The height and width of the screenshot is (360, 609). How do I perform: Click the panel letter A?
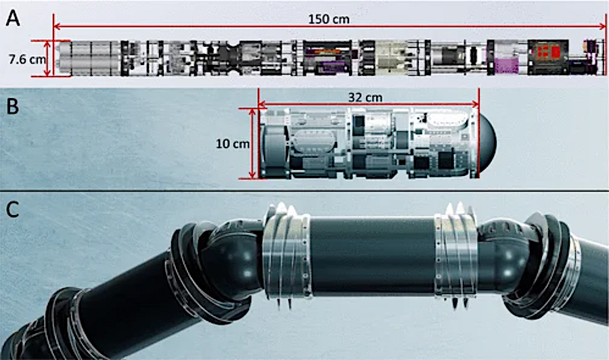(x=12, y=18)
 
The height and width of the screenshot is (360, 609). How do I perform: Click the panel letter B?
(x=12, y=106)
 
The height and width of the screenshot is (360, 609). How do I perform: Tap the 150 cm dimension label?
(x=329, y=19)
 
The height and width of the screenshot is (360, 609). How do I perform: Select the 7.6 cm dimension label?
(x=27, y=59)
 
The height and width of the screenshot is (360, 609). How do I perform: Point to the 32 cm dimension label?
(x=365, y=97)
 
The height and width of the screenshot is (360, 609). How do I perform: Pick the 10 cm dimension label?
(x=233, y=143)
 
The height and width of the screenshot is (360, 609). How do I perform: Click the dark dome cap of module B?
(x=488, y=143)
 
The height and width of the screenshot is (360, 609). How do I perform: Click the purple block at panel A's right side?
(x=507, y=66)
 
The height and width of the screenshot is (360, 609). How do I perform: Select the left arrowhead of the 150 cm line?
(x=56, y=26)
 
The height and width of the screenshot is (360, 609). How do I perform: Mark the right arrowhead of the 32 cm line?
(x=476, y=104)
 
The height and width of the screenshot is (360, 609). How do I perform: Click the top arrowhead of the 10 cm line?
(x=253, y=112)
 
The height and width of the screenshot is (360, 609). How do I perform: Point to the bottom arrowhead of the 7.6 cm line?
(x=48, y=72)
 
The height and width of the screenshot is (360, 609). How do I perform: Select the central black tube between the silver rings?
(x=373, y=256)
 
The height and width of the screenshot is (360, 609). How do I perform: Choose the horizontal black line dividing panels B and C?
(x=304, y=191)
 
